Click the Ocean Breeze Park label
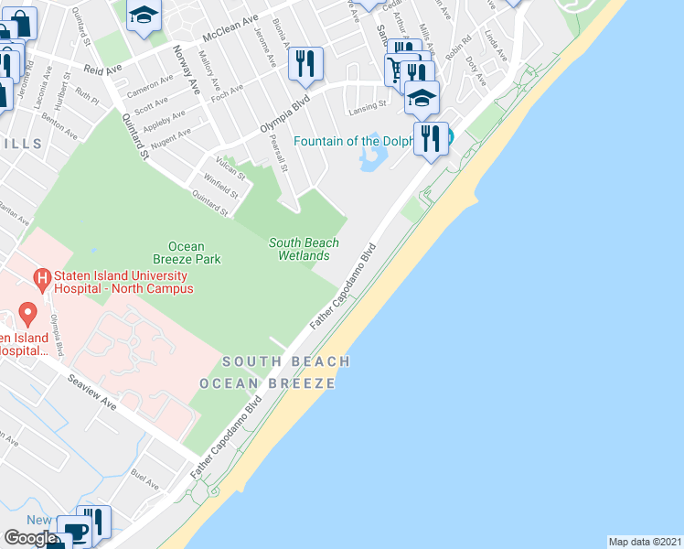pyautogui.click(x=193, y=253)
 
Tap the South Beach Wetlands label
pyautogui.click(x=304, y=249)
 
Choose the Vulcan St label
pyautogui.click(x=230, y=169)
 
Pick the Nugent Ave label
pyautogui.click(x=170, y=136)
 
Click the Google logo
pyautogui.click(x=30, y=538)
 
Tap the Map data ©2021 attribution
pyautogui.click(x=646, y=542)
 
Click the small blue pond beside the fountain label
pyautogui.click(x=373, y=160)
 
